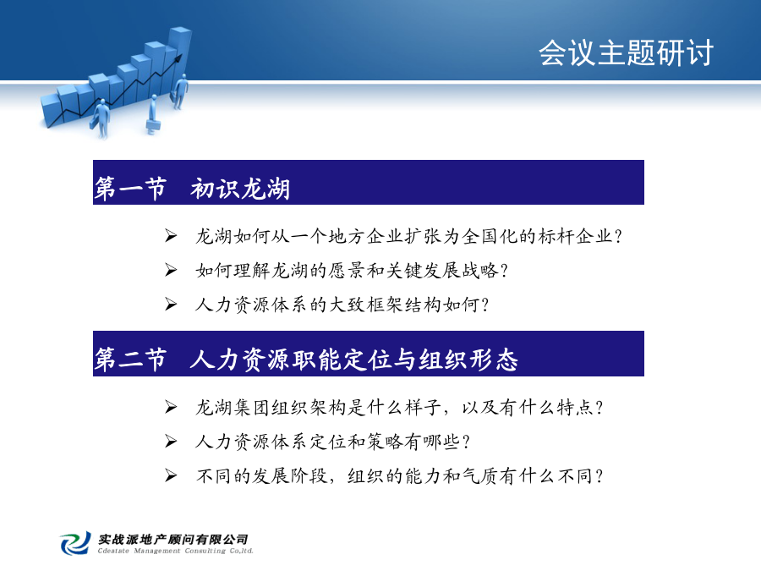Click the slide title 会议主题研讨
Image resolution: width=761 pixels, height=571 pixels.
626,52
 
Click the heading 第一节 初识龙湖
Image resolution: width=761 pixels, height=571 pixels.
192,189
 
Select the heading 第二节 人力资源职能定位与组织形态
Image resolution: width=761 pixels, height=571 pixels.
306,360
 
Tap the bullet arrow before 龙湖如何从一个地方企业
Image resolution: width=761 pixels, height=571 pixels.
170,236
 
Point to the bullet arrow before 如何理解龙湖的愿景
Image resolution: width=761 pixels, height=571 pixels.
170,270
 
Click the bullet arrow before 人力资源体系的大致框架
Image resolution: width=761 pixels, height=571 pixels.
170,305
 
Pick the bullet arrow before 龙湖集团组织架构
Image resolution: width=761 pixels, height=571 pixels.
170,407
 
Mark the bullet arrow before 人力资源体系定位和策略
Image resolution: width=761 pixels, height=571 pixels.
170,442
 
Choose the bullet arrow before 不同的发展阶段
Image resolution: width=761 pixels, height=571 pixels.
170,475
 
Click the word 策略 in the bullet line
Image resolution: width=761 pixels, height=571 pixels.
385,442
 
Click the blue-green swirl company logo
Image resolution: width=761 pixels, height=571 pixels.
76,543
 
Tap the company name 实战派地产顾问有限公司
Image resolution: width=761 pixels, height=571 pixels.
173,539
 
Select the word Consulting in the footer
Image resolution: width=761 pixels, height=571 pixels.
205,551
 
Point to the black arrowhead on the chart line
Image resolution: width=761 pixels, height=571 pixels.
178,58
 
